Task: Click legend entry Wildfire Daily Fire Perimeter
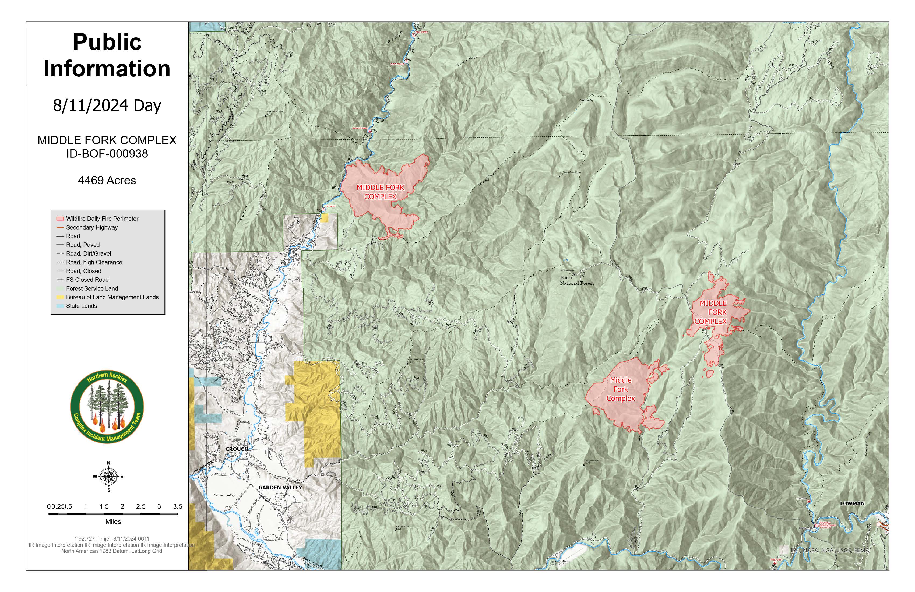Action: pyautogui.click(x=102, y=218)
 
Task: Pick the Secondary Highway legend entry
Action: pyautogui.click(x=91, y=227)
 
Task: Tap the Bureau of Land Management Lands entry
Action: pyautogui.click(x=112, y=297)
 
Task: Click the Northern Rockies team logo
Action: pyautogui.click(x=107, y=407)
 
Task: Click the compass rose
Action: pyautogui.click(x=109, y=476)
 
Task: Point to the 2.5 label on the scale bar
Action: pyautogui.click(x=141, y=506)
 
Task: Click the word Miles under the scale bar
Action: pyautogui.click(x=113, y=522)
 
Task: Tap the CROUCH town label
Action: pyautogui.click(x=237, y=449)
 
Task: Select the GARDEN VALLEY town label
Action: pyautogui.click(x=280, y=487)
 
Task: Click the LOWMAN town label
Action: pyautogui.click(x=852, y=503)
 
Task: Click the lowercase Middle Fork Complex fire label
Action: pyautogui.click(x=621, y=389)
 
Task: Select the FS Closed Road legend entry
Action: pyautogui.click(x=87, y=280)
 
